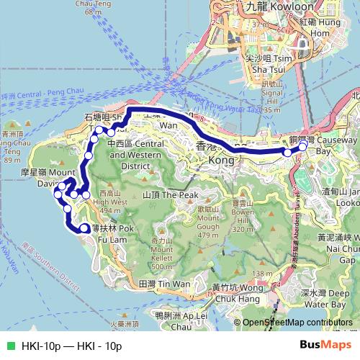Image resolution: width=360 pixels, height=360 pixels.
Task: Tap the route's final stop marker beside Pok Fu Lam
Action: click(x=85, y=228)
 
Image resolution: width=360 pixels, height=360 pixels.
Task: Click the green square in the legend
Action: click(x=9, y=346)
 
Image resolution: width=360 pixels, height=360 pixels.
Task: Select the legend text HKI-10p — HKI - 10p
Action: click(x=72, y=346)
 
